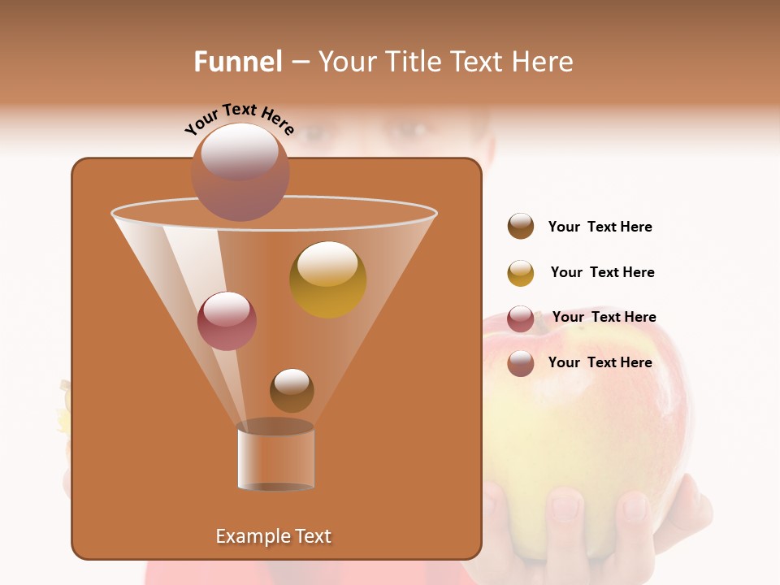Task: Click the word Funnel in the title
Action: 237,62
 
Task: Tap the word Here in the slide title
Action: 544,62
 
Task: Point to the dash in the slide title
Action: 300,63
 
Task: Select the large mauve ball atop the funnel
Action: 240,171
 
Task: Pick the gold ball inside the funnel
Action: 327,279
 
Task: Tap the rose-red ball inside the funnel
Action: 227,320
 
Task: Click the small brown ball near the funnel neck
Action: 292,390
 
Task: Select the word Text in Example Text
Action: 313,536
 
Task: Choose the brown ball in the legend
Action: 521,226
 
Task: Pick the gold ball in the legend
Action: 521,273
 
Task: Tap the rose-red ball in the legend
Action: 521,318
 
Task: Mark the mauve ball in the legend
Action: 521,363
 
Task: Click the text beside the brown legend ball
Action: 600,227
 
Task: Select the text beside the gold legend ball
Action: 602,272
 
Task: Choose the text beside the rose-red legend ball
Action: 604,317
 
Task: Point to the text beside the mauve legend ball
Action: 600,362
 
